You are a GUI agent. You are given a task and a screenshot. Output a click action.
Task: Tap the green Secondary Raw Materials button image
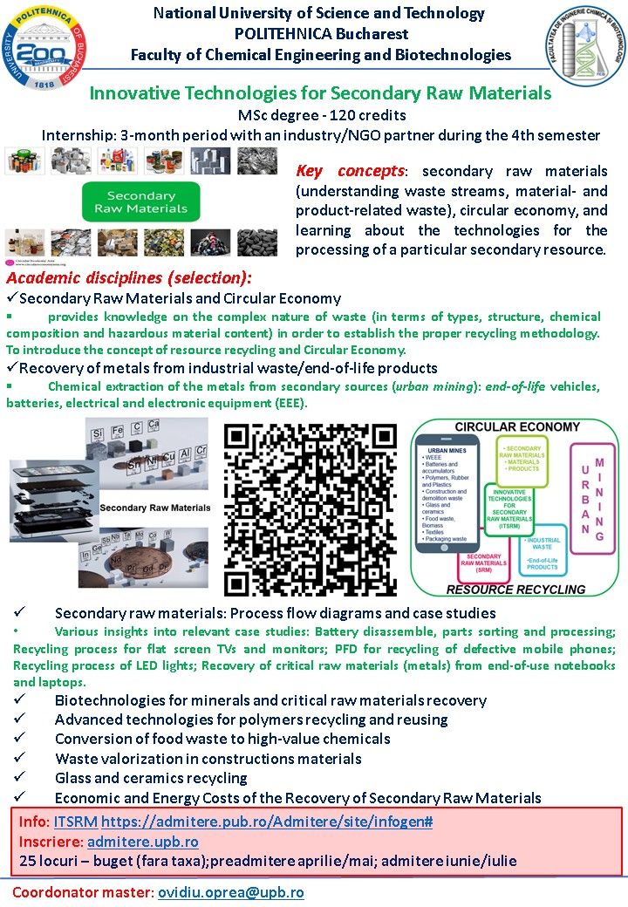(x=140, y=202)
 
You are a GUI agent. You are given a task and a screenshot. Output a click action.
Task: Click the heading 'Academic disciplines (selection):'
(x=129, y=278)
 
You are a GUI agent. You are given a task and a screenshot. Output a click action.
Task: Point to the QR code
(x=311, y=509)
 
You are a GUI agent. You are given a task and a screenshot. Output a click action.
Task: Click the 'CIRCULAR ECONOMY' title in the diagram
(x=517, y=427)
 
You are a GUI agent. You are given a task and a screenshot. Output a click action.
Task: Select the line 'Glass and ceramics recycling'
(x=151, y=778)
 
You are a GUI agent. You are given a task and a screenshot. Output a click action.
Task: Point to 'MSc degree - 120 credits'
(x=321, y=115)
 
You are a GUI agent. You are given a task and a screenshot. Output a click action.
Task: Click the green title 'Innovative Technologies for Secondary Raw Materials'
(x=321, y=93)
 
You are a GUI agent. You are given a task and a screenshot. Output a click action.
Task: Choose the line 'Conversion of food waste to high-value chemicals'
(x=222, y=739)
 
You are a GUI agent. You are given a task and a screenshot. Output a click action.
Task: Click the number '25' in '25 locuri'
(x=28, y=861)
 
